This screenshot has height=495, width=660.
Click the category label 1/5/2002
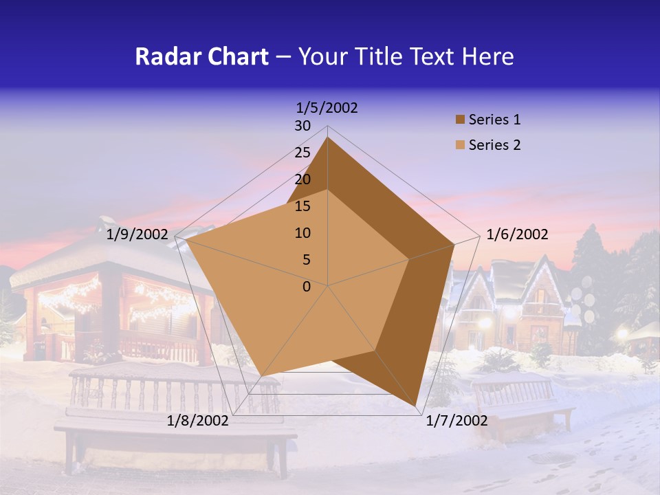(327, 108)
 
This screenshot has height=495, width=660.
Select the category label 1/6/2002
(517, 234)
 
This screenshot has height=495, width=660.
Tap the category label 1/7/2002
(456, 420)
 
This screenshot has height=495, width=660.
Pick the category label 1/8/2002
(198, 420)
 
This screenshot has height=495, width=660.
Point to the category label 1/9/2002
(137, 234)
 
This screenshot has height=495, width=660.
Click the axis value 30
(302, 126)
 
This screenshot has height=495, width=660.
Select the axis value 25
(302, 153)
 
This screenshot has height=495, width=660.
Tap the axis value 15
(302, 206)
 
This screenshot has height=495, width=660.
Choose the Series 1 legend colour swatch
(460, 120)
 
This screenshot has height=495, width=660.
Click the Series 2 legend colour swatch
(460, 145)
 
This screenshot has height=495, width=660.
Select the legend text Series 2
(494, 145)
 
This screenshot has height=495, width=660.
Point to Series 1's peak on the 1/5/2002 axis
(328, 137)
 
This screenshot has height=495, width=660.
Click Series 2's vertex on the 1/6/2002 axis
(409, 259)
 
